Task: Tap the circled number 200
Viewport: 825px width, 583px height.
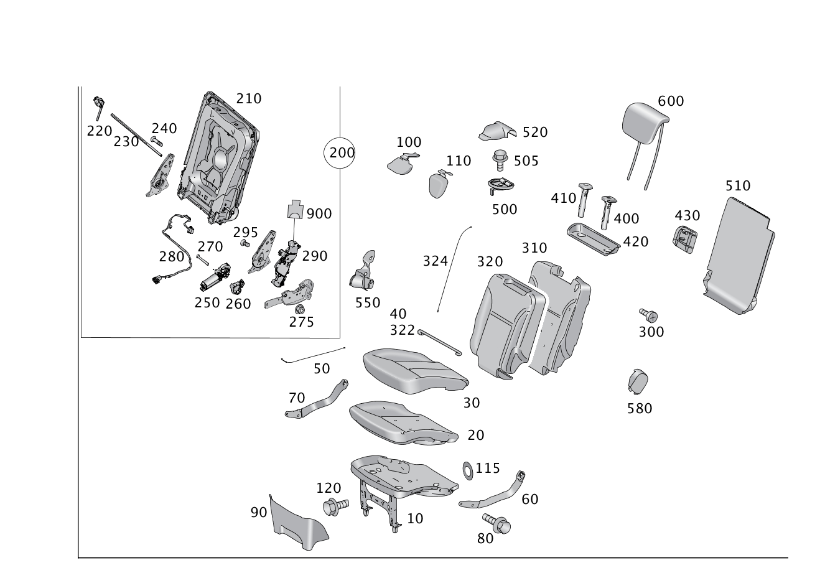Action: tap(340, 152)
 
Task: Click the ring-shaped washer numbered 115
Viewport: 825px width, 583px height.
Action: tap(467, 468)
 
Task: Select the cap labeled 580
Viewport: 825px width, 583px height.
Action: tap(638, 380)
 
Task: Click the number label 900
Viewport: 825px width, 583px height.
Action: tap(319, 213)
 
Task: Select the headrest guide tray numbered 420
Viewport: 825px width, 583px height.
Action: tap(592, 237)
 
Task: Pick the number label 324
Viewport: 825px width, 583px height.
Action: tap(435, 260)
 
